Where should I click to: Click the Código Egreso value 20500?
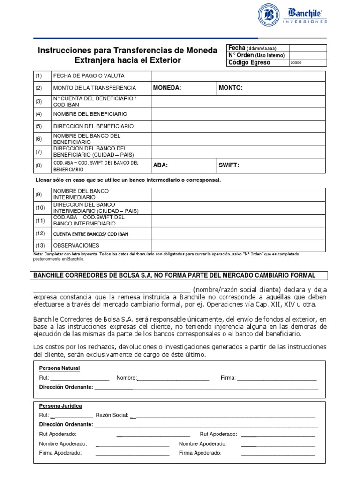(x=297, y=63)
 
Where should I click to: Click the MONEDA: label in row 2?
(x=167, y=88)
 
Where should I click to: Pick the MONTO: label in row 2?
(x=231, y=88)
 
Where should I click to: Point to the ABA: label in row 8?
(x=160, y=165)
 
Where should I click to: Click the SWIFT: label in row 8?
(x=229, y=165)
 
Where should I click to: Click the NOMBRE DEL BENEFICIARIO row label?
(x=90, y=114)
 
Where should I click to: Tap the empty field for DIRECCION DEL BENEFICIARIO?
(x=238, y=127)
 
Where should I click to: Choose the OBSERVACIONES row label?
(x=76, y=245)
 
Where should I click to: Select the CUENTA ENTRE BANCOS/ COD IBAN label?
(x=91, y=233)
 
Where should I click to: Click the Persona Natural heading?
(x=60, y=368)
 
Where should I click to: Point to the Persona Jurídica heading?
(x=60, y=406)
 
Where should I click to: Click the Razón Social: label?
(x=112, y=415)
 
